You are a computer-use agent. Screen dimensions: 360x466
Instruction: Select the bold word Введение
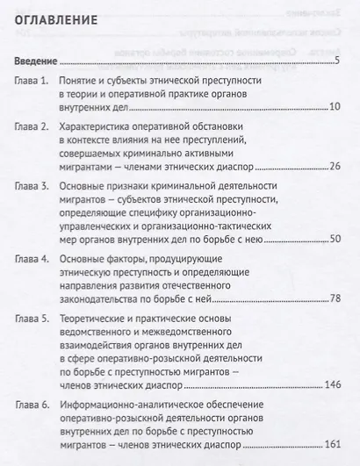point(37,63)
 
